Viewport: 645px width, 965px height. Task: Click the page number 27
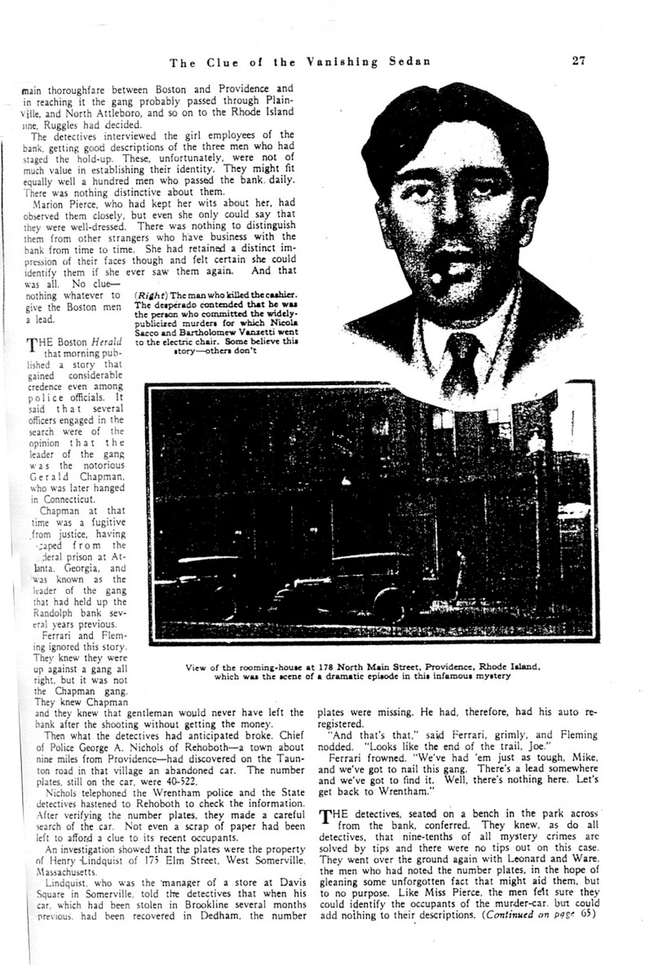coord(579,60)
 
